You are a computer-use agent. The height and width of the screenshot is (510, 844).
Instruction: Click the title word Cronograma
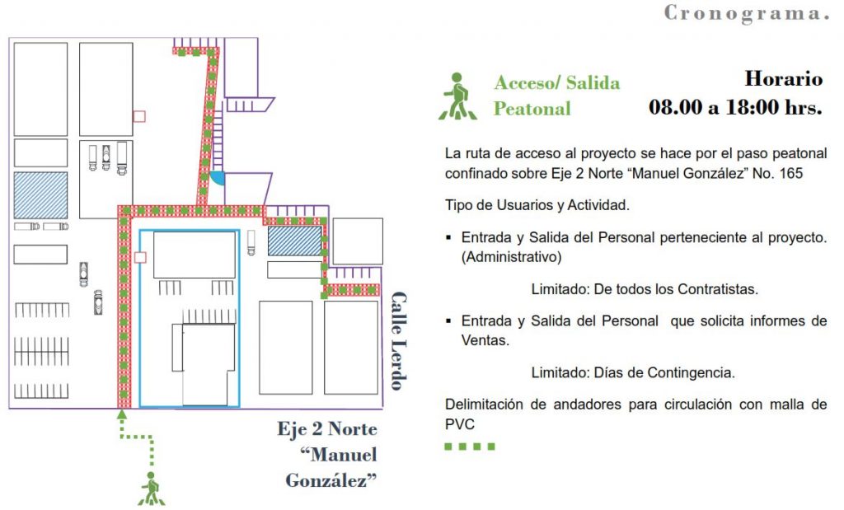[746, 13]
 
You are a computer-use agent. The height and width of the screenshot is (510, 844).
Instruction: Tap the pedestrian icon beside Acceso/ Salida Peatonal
[458, 96]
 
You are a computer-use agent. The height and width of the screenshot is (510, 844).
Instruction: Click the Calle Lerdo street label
[399, 341]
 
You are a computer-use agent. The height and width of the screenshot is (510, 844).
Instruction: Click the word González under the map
[331, 480]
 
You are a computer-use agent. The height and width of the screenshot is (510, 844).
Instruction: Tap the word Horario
[783, 79]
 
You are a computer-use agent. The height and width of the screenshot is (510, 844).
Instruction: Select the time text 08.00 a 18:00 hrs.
[735, 107]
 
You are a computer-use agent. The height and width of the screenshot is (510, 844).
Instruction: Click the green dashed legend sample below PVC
[470, 447]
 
